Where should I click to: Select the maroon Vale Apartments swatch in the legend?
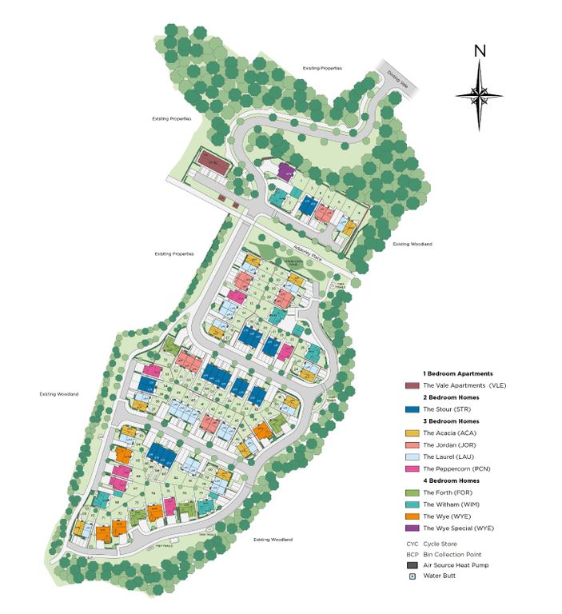[411, 385]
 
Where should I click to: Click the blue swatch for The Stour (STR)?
[411, 409]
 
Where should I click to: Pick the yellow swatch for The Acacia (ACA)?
[411, 433]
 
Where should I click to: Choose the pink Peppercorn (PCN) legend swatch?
[411, 468]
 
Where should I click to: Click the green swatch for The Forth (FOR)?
[411, 492]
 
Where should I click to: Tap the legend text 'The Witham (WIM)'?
[452, 504]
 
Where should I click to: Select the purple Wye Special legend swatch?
[411, 528]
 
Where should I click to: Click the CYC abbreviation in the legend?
[412, 544]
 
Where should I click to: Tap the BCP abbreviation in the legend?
[412, 554]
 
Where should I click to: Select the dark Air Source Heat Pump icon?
[411, 565]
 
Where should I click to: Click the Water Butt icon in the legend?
[411, 576]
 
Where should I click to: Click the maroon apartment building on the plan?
[213, 158]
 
